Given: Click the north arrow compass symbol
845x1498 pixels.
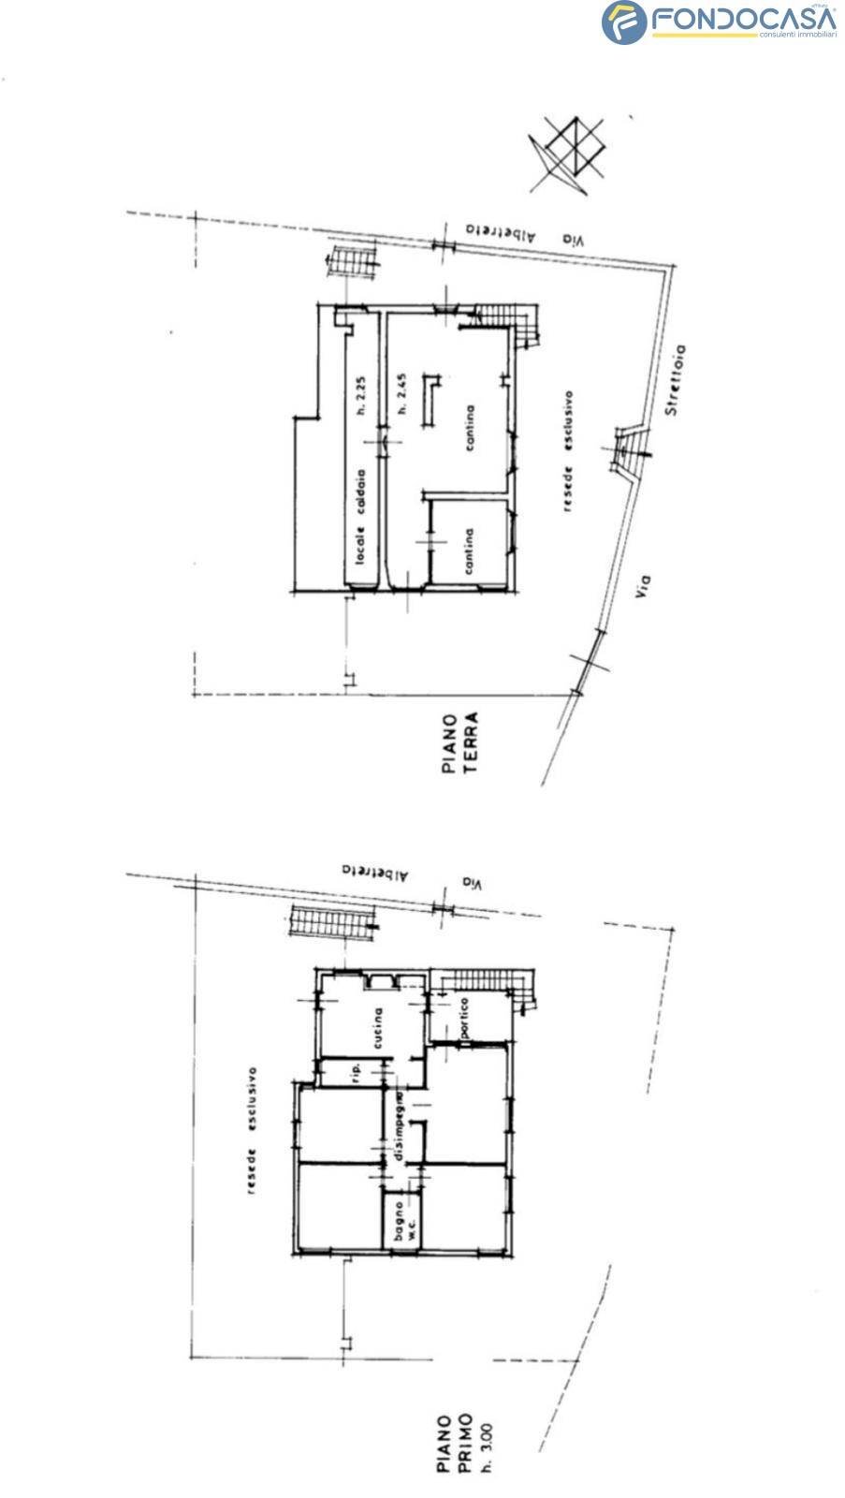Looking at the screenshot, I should tap(568, 152).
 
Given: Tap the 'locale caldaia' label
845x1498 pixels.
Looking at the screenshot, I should tap(360, 515).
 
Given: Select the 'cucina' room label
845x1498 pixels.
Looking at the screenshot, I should tap(378, 1029).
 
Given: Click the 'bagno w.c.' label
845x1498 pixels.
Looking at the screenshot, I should tap(403, 1223).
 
